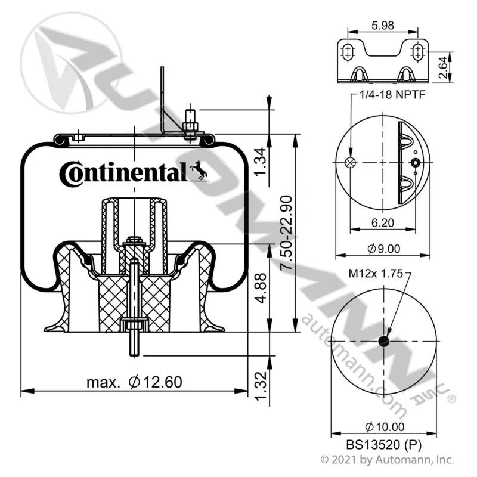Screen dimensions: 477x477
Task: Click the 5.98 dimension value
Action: coord(383,25)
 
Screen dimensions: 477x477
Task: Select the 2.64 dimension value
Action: coord(444,67)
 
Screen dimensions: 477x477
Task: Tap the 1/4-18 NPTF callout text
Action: coord(392,95)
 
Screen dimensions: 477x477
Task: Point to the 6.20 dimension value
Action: coord(383,222)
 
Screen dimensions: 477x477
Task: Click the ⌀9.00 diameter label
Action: coord(383,249)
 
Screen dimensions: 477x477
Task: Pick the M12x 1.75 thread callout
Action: coord(376,274)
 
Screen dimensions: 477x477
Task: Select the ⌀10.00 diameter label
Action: coord(385,427)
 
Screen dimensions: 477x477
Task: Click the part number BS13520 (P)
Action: coord(383,445)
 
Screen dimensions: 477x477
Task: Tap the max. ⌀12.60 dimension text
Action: coord(134,382)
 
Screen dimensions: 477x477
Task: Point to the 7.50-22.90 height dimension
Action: coord(286,233)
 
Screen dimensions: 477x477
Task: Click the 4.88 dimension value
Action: coord(261,289)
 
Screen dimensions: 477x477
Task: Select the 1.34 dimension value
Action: coord(261,162)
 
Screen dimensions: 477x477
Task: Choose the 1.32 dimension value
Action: coord(261,386)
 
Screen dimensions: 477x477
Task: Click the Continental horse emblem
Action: coord(199,170)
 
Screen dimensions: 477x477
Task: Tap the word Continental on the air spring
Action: coord(123,173)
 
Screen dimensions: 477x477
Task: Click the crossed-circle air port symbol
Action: coord(351,162)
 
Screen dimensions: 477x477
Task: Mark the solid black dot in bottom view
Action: coord(384,341)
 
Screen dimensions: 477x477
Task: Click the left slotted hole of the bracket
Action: coord(347,52)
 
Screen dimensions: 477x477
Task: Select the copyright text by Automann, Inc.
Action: coord(387,459)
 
